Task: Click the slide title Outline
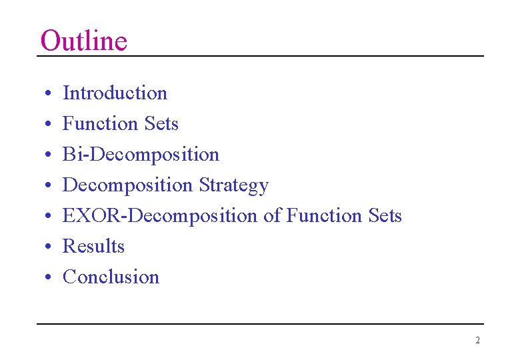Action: point(83,41)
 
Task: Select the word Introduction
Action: point(115,93)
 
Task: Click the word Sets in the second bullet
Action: point(161,124)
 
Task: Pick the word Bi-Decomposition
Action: point(141,155)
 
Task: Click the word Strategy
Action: point(233,185)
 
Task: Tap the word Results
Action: point(93,247)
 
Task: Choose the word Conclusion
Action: point(111,277)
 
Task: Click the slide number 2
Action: point(477,340)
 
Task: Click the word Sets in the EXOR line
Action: point(385,216)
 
